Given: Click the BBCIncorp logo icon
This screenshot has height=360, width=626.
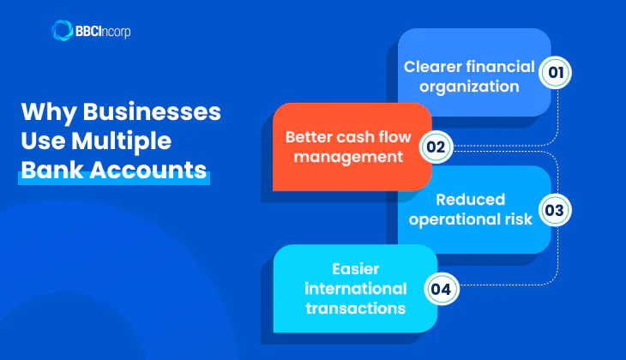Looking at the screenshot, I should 63,31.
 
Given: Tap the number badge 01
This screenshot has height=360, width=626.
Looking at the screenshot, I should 556,73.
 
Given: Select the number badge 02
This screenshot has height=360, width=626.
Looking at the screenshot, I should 436,147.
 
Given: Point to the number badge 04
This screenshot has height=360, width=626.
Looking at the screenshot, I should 441,289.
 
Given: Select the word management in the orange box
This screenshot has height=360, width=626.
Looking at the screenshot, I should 345,157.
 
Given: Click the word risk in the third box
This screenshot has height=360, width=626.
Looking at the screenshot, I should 516,219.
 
